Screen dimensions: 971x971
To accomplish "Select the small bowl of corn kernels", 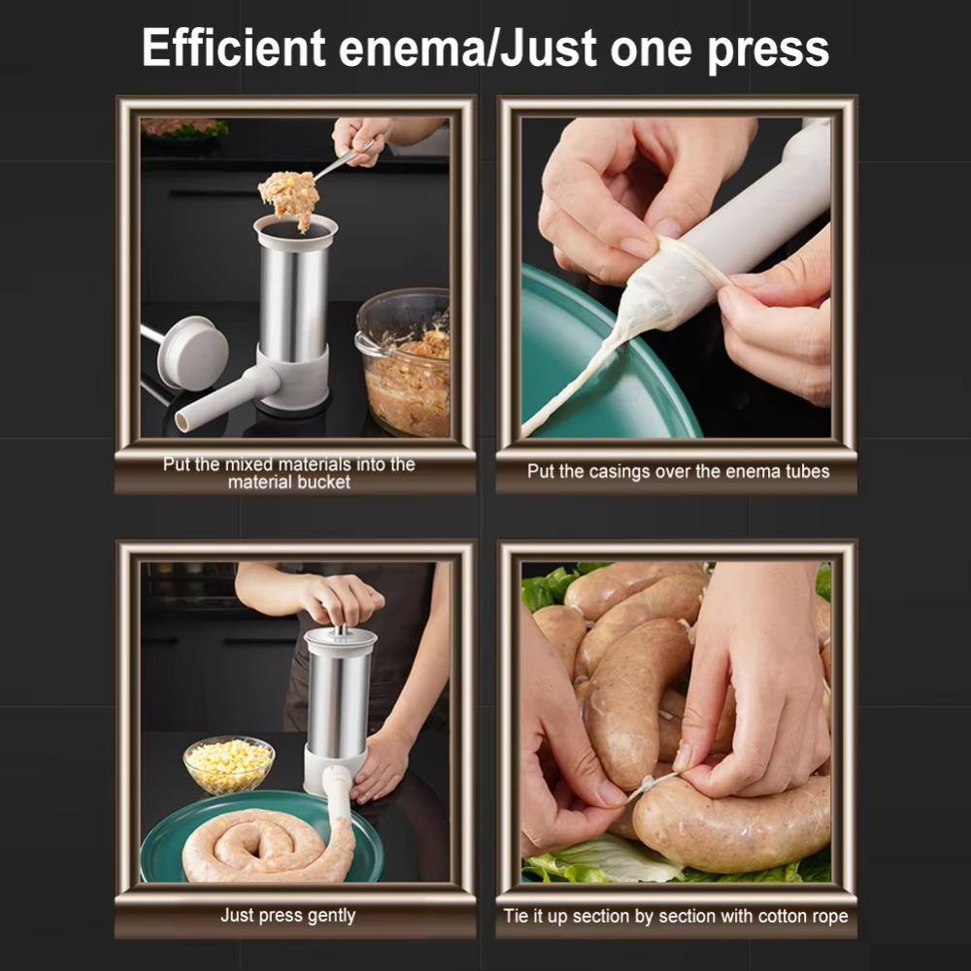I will [x=229, y=762].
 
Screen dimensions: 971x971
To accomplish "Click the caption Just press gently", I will [x=287, y=916].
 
